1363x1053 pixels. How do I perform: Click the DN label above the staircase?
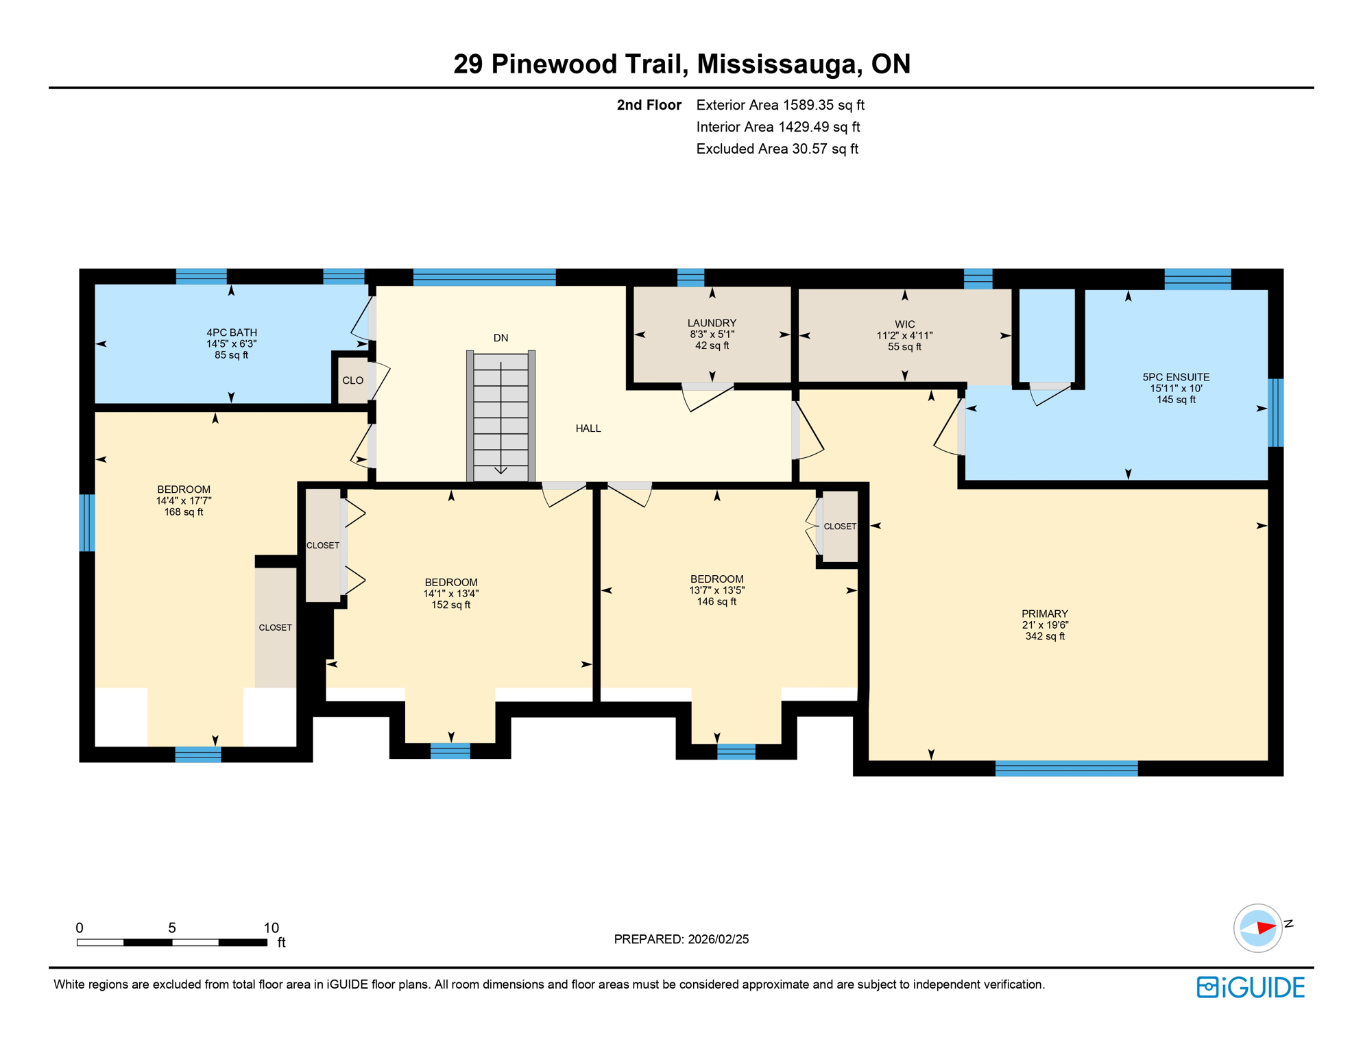500,338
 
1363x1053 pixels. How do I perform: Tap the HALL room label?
588,428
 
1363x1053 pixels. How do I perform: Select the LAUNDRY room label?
712,323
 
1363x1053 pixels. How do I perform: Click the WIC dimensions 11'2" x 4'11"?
904,336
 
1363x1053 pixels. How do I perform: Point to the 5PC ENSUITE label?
1175,377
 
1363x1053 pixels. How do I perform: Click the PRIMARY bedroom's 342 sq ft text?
1044,636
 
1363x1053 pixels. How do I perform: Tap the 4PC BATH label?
232,332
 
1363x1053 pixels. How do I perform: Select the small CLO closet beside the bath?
352,380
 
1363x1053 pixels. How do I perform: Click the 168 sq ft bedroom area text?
183,512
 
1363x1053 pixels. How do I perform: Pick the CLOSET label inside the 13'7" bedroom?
839,526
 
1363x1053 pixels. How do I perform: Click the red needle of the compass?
1266,928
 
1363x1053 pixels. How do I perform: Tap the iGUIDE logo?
1251,987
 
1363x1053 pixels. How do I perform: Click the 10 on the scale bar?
271,928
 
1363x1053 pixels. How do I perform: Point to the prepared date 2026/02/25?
716,939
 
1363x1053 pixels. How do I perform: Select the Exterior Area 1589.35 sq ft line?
780,105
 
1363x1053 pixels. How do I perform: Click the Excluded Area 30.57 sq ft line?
776,149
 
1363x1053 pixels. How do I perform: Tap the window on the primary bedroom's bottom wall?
1065,768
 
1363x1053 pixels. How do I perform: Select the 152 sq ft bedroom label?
450,605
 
